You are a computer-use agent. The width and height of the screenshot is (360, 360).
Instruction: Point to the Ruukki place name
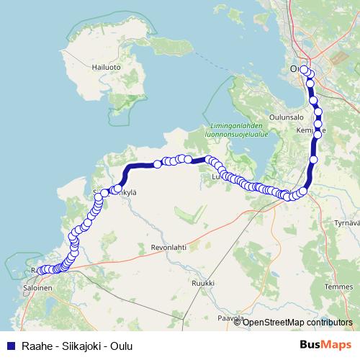click(203, 284)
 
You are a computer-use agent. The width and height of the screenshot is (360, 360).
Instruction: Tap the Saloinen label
click(37, 287)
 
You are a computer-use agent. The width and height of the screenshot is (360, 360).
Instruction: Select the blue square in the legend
click(9, 346)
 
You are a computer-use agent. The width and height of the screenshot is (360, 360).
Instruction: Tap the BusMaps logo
click(325, 345)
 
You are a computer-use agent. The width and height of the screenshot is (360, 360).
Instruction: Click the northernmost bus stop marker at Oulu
click(305, 70)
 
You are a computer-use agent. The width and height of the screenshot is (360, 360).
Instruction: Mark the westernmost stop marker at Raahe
click(40, 271)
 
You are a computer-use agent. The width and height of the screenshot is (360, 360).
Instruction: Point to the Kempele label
click(311, 131)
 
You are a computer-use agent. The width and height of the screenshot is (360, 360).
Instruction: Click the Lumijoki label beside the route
click(216, 175)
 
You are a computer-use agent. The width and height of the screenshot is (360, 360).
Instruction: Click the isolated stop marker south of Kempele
click(313, 160)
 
